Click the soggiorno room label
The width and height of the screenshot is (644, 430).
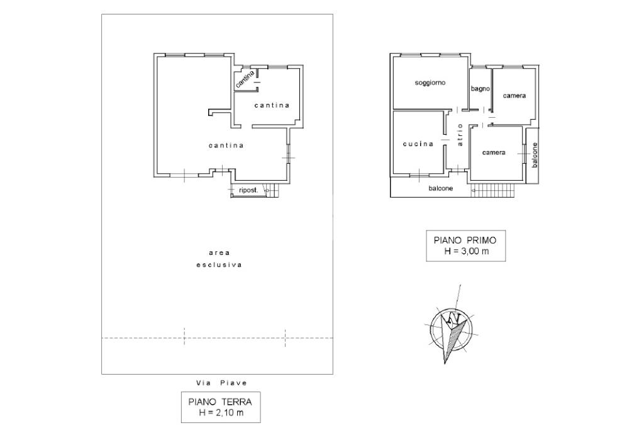point(430,82)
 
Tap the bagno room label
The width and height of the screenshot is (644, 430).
point(480,88)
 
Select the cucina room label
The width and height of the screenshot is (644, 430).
point(418,144)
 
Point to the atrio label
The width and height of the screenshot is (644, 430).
point(460,135)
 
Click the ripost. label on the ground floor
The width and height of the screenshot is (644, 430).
point(249,190)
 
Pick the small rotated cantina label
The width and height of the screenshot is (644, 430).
point(245,79)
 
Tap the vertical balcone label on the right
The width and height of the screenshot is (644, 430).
point(535,155)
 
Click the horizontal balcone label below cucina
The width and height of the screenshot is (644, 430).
point(441,188)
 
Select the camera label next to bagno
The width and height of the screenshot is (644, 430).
point(514,96)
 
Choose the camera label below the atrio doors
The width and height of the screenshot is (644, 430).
point(494,152)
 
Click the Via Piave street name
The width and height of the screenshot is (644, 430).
point(222,383)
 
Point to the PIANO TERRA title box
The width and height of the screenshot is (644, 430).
point(221,407)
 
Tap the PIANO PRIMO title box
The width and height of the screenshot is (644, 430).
point(466,246)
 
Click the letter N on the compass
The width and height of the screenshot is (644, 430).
point(453,319)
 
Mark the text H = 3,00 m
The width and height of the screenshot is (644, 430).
point(467,251)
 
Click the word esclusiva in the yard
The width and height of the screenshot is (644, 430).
point(219,265)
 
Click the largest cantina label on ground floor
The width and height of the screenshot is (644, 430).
point(226,145)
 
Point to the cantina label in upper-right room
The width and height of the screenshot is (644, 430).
point(272,105)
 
